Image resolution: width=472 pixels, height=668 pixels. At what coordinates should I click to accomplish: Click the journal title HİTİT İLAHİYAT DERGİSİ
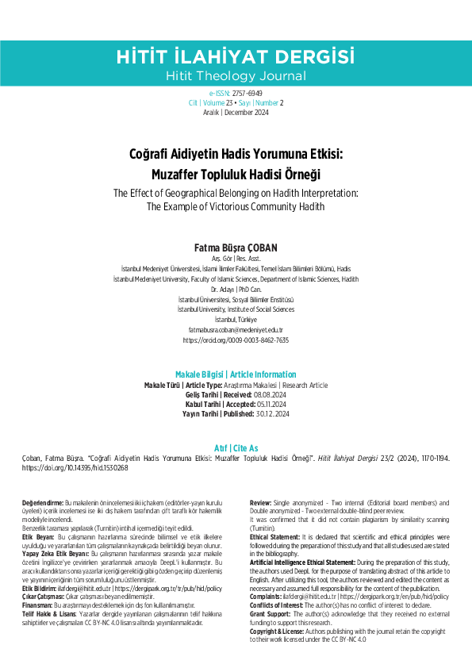point(235,56)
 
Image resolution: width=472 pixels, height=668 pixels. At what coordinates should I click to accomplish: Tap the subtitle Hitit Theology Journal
point(235,76)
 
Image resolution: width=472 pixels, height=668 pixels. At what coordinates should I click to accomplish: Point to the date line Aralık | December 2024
point(235,113)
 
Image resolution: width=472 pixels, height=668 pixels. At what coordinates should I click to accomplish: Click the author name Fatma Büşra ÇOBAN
point(236,248)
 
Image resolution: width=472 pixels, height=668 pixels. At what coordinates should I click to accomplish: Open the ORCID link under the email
point(236,340)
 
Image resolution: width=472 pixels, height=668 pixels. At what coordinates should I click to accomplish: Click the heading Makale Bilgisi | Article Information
point(236,374)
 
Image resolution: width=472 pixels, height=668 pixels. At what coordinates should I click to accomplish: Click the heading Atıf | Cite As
point(236,448)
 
